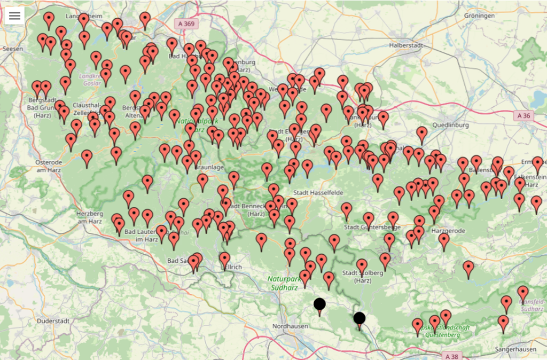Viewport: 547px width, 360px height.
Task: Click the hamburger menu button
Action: pos(14,15)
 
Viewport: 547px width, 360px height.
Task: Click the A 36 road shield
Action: pos(525,115)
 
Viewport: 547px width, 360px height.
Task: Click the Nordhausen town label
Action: pos(289,326)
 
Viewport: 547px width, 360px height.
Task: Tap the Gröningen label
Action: pos(479,15)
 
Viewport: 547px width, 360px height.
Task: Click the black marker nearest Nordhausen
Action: pos(319,305)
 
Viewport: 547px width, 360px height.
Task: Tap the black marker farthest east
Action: pos(360,319)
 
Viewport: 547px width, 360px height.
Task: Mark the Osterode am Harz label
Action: pos(49,166)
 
